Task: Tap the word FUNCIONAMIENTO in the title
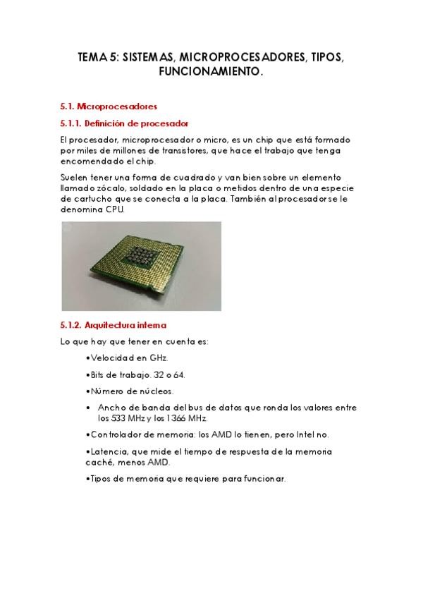pos(211,72)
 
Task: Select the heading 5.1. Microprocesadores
pos(108,106)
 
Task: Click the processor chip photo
pos(141,266)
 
